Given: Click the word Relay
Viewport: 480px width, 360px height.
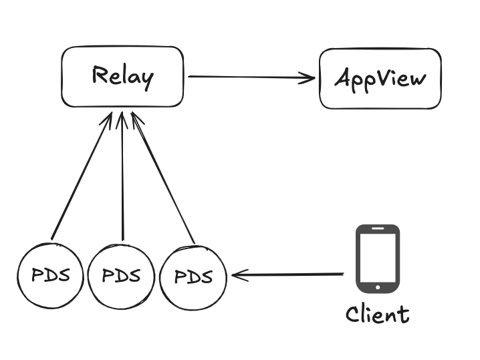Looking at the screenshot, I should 122,76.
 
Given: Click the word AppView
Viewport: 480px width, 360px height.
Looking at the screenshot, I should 380,78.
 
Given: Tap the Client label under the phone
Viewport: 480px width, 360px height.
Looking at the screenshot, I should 377,313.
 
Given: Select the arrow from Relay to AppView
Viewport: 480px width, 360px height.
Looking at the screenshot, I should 251,77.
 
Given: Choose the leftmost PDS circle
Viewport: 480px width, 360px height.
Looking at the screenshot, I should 51,275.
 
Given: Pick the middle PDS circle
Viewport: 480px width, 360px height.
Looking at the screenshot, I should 121,275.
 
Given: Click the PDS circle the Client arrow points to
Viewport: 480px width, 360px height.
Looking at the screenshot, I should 193,276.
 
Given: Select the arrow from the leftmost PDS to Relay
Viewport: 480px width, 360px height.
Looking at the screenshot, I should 80,176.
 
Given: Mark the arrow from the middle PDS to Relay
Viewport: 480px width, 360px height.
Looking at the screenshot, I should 122,176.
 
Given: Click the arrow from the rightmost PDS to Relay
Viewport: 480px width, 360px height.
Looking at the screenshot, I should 163,178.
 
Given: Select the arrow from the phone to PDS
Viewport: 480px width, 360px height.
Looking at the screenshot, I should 287,275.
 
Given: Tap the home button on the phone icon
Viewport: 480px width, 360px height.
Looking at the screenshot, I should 377,287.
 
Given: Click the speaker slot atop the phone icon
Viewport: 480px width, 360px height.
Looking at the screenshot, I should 377,230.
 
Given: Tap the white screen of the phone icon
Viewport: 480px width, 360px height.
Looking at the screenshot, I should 377,258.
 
